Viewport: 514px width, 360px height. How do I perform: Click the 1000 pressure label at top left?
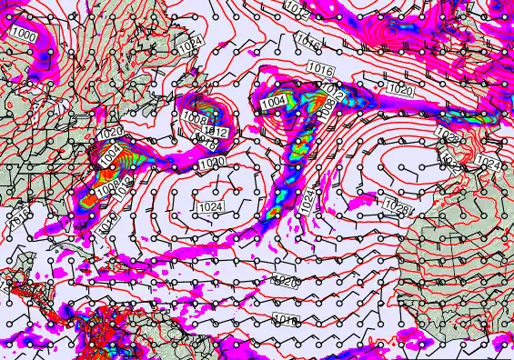pos(25,35)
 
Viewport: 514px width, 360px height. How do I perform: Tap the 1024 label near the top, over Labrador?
pos(189,45)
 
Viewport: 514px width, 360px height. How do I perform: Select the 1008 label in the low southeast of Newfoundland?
pos(194,121)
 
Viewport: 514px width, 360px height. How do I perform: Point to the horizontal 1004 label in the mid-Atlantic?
pos(274,103)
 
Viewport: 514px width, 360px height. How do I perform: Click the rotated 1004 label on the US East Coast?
pos(109,157)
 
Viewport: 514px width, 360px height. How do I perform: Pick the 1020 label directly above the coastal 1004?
pos(109,134)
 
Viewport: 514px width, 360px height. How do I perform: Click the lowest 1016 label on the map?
pos(286,320)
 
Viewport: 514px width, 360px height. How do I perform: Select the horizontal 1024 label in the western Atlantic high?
pos(209,207)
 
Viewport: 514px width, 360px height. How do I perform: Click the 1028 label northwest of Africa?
pos(397,206)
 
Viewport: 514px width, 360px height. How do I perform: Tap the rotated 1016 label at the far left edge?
pos(16,217)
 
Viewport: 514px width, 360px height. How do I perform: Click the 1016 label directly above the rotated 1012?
pos(318,69)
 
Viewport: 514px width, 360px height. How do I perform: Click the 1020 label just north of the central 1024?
pos(212,163)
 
